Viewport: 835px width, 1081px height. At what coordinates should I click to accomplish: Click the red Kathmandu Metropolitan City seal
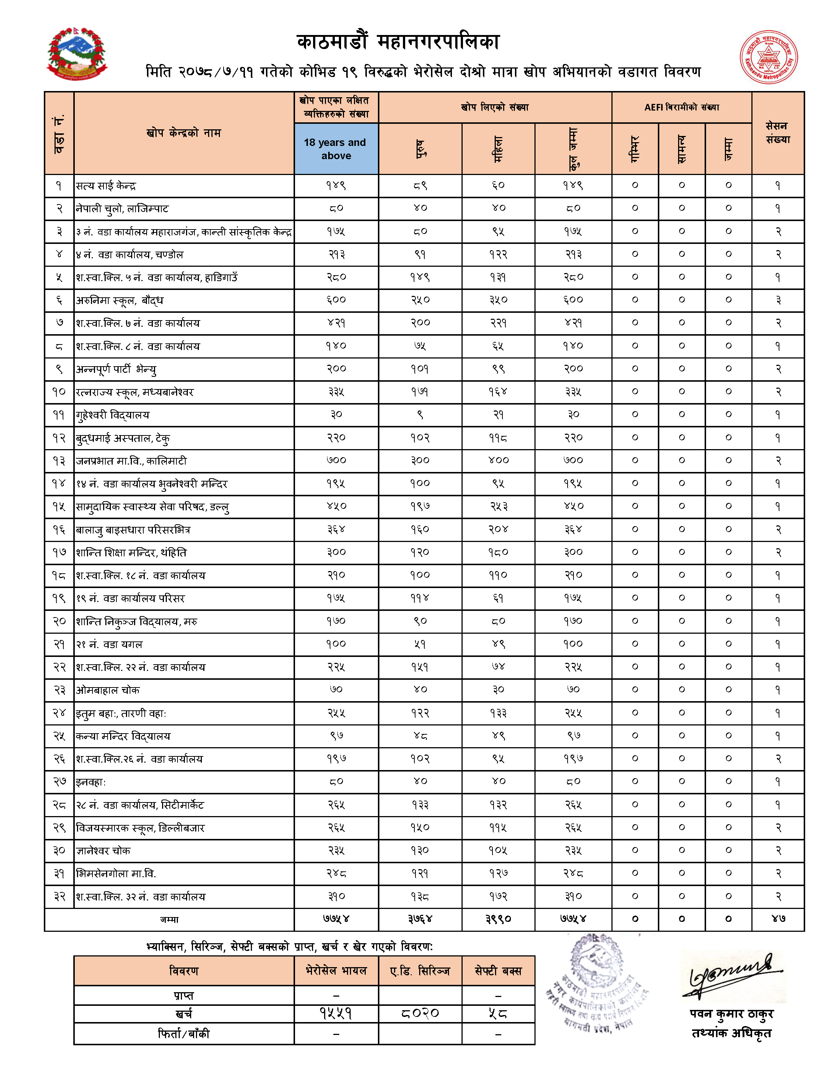tap(768, 57)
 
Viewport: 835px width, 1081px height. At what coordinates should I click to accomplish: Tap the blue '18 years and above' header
tap(336, 148)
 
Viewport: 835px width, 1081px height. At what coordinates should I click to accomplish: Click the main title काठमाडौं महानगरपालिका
tap(399, 42)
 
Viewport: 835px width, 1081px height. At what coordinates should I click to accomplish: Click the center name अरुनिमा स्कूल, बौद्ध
tap(119, 300)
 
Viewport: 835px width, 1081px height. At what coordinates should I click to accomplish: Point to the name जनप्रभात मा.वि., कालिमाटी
tap(131, 461)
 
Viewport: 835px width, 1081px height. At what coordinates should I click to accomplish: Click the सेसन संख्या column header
tap(778, 133)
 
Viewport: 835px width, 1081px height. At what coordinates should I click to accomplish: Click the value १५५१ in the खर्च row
tap(336, 1014)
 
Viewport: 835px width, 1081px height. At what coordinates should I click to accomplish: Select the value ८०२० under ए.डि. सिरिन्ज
tap(420, 1014)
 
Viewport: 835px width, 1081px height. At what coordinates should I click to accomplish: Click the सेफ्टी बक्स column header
tap(498, 971)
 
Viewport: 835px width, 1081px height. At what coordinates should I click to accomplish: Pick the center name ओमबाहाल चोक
tap(108, 690)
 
